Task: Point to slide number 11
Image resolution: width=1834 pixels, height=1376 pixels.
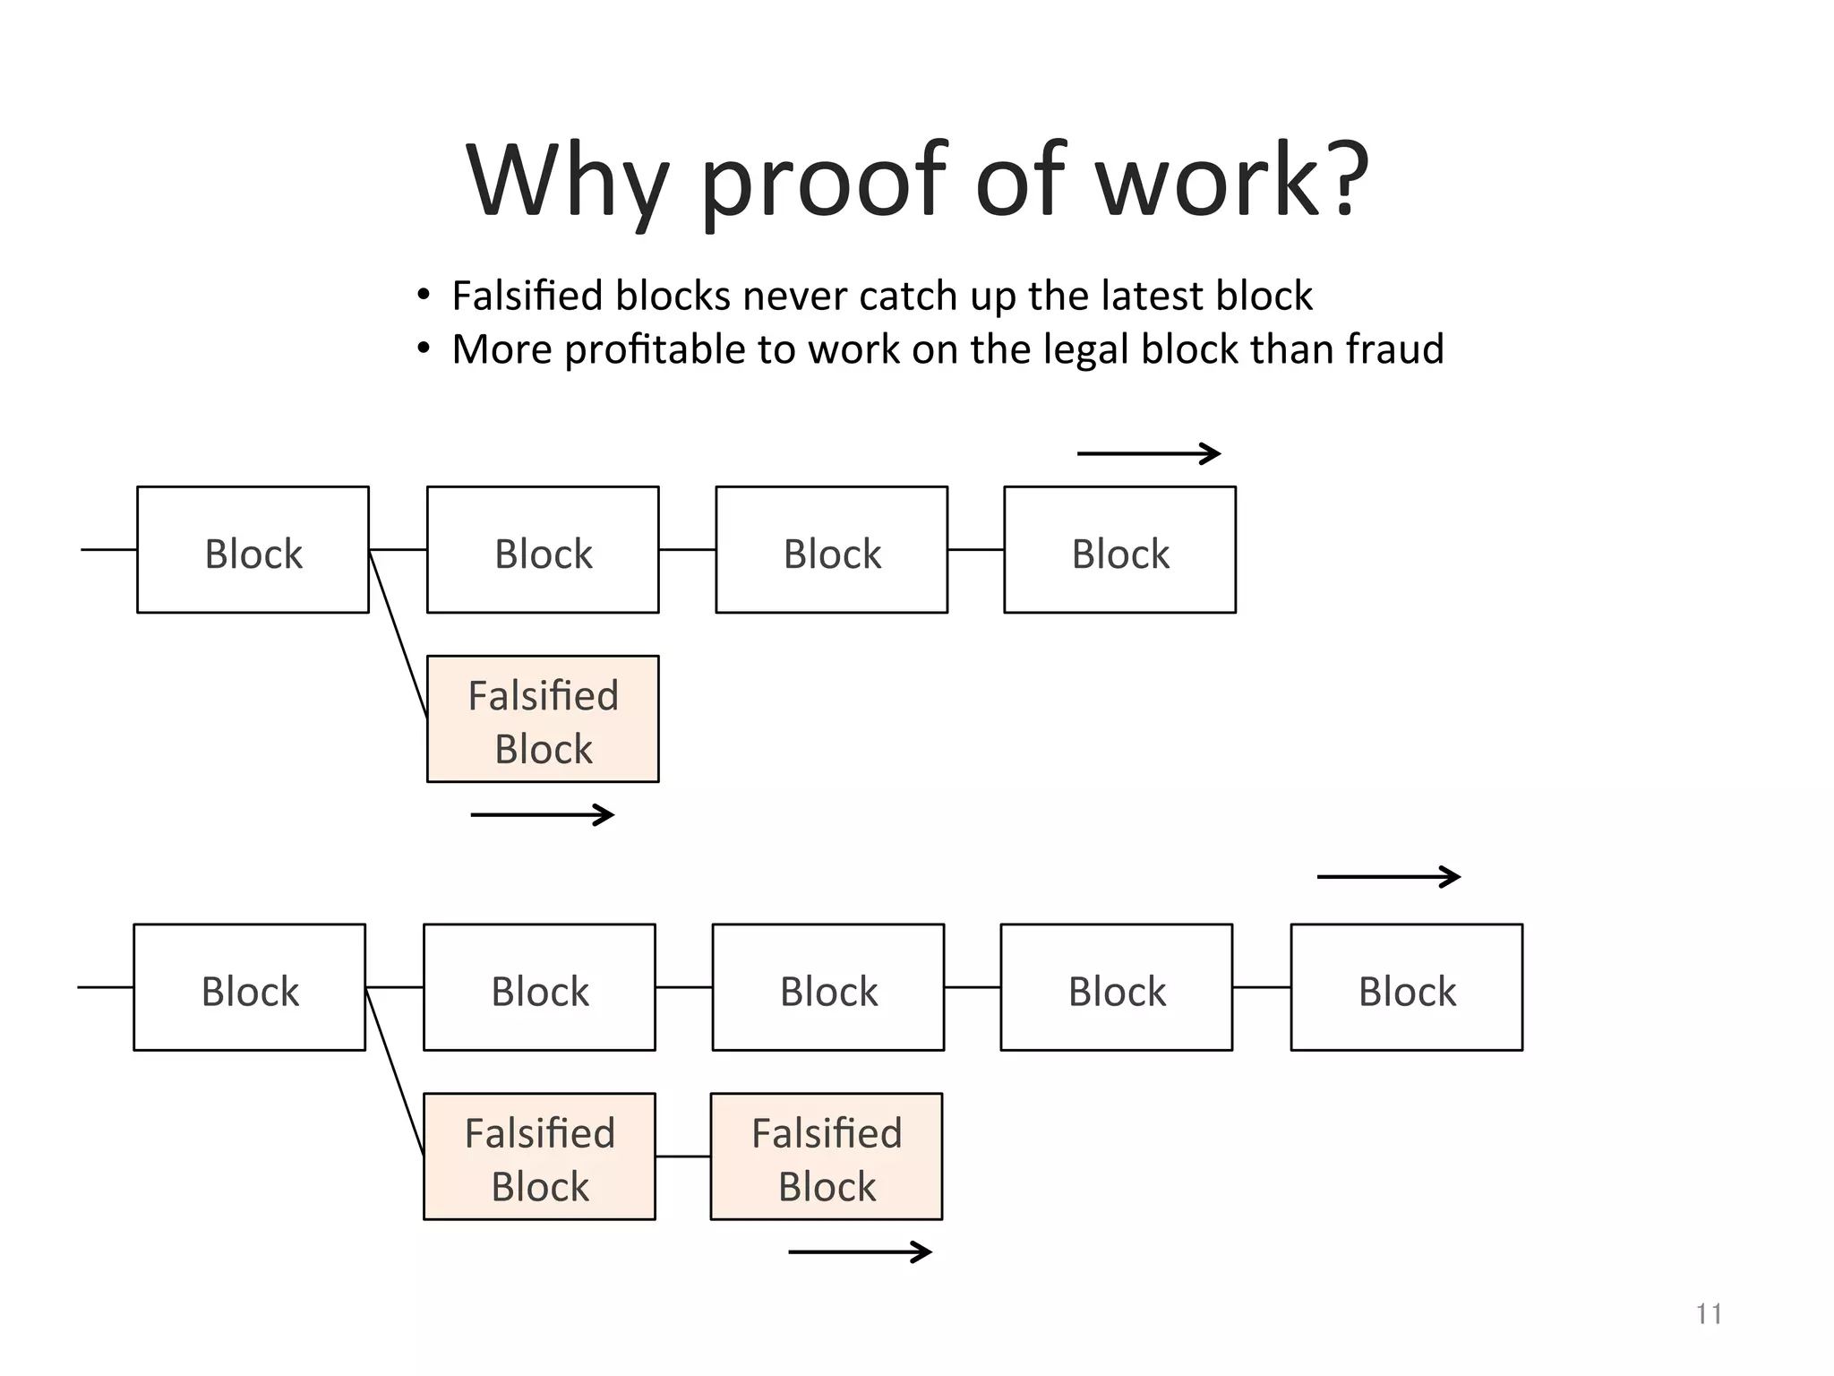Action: point(1709,1314)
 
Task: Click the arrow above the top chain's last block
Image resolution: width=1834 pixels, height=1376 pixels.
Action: point(1148,454)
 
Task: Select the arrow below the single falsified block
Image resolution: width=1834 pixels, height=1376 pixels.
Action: point(542,814)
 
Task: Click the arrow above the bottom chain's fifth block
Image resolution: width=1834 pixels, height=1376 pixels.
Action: point(1388,877)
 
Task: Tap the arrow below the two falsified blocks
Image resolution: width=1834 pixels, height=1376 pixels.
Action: point(860,1251)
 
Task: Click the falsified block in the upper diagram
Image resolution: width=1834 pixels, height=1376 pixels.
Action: point(543,719)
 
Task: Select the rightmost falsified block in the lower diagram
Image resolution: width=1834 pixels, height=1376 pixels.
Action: point(827,1157)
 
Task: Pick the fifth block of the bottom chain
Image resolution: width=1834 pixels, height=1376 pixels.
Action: point(1406,987)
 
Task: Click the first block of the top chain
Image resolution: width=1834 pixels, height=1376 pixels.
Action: point(253,550)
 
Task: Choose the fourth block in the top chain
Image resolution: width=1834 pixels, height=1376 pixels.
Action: point(1119,550)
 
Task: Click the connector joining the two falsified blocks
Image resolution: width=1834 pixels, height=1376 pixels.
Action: point(683,1157)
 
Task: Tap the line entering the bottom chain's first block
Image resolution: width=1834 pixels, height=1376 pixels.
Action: point(106,987)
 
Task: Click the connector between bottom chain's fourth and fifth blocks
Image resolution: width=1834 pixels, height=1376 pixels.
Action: point(1261,987)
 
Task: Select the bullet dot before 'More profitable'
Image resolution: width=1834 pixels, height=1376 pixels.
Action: point(424,348)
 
